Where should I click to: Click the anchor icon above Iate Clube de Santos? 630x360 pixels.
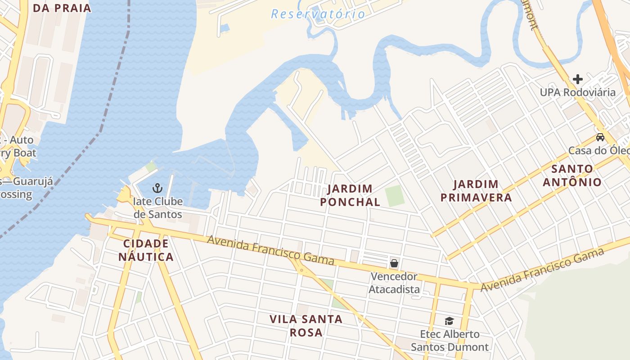point(157,188)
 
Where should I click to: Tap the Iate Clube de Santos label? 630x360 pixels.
point(158,207)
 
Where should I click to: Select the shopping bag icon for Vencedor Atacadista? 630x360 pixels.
point(394,263)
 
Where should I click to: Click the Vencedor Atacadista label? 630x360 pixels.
point(394,283)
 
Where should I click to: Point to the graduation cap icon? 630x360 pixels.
point(449,321)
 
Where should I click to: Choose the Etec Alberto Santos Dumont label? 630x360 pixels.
point(450,341)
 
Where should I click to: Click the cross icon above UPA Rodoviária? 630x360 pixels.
point(578,79)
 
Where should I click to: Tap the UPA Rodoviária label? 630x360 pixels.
point(578,92)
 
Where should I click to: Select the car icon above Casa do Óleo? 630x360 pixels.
point(600,137)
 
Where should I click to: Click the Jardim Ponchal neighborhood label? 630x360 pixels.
point(350,195)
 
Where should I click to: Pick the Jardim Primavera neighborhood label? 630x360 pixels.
point(476,191)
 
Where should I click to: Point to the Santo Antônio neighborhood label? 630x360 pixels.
point(572,175)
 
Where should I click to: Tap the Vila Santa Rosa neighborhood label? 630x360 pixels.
point(306,326)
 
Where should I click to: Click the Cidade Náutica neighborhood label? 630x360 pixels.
point(148,250)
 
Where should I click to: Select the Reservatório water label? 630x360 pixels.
point(318,14)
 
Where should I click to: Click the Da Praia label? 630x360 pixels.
point(62,8)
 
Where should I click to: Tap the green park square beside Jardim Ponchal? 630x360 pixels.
point(395,196)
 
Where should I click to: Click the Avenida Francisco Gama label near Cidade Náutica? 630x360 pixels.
point(271,250)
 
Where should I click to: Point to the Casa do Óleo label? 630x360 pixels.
point(598,150)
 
